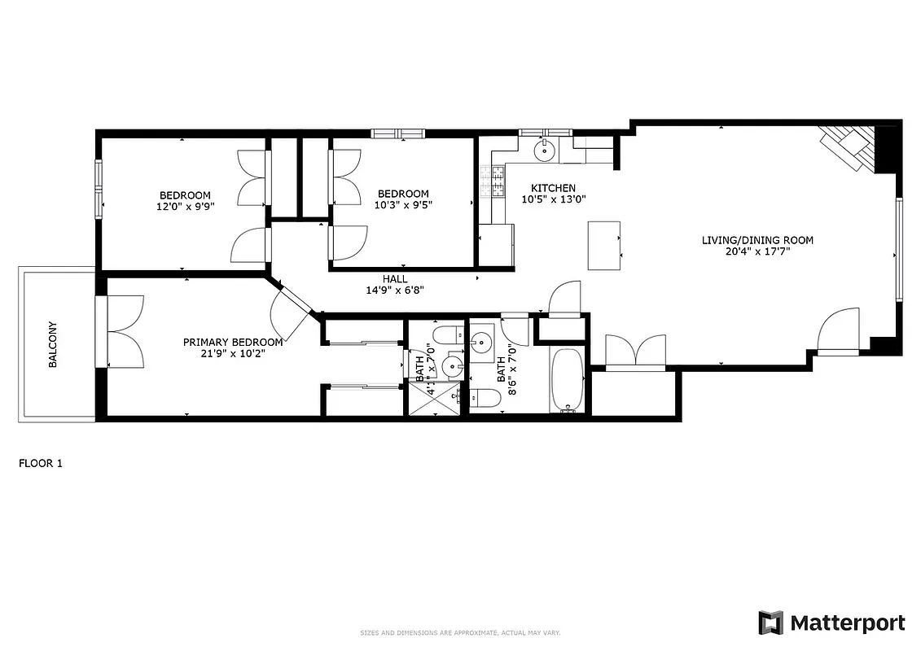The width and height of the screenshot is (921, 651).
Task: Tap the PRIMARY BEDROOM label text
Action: click(x=233, y=343)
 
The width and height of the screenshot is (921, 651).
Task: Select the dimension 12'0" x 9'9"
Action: click(x=185, y=207)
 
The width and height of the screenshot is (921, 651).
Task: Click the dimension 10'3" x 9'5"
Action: click(x=404, y=205)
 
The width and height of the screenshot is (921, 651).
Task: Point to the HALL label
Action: click(x=395, y=279)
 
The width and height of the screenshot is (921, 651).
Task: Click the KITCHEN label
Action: click(x=553, y=188)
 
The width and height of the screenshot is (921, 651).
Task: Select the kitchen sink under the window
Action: click(x=544, y=150)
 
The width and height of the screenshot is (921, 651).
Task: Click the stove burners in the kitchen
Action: click(x=493, y=181)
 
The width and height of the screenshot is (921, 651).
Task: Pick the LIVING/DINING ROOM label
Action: click(x=757, y=240)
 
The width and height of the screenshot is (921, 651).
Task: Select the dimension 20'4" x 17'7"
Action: click(x=757, y=251)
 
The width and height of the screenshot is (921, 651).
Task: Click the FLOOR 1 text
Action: click(x=41, y=464)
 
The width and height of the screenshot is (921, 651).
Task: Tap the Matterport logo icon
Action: click(x=770, y=623)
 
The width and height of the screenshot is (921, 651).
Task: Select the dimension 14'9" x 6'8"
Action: click(x=395, y=290)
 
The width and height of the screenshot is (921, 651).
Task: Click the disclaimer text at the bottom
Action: click(x=460, y=633)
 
